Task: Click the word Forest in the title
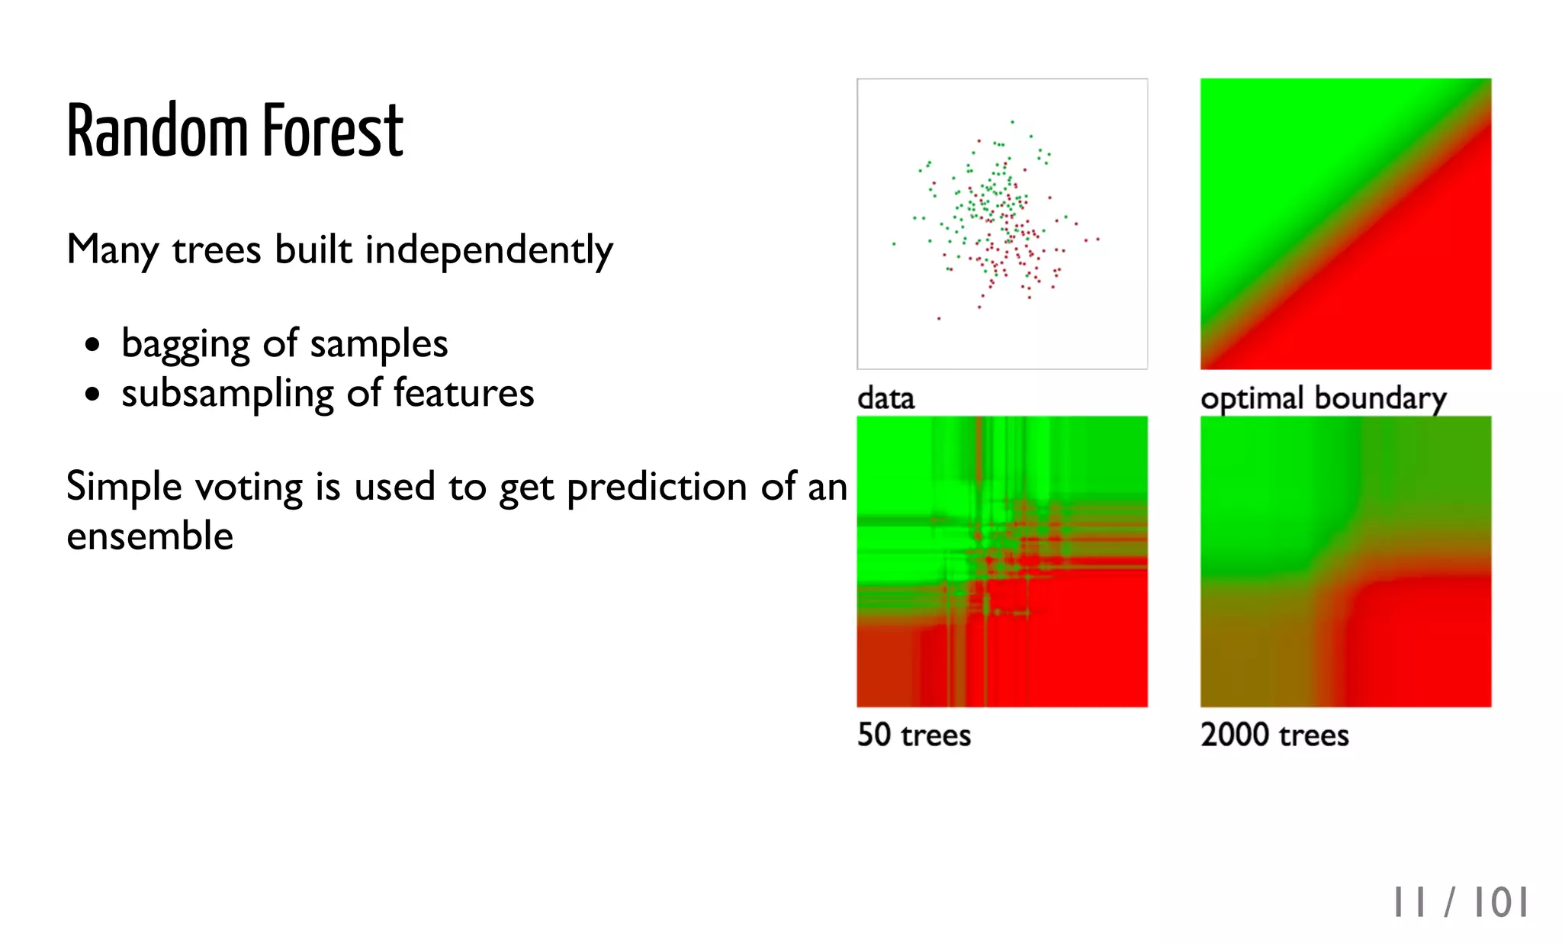333,131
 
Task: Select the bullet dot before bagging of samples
92,344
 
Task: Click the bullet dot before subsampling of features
92,394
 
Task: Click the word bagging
185,344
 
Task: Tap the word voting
249,488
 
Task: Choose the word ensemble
149,536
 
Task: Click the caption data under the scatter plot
885,398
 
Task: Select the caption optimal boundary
1323,398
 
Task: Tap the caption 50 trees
914,735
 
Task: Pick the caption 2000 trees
1274,735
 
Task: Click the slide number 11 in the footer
1409,903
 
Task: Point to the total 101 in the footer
1500,903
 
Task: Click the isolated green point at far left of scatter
894,244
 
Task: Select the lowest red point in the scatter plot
939,318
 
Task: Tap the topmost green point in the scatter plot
1012,121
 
